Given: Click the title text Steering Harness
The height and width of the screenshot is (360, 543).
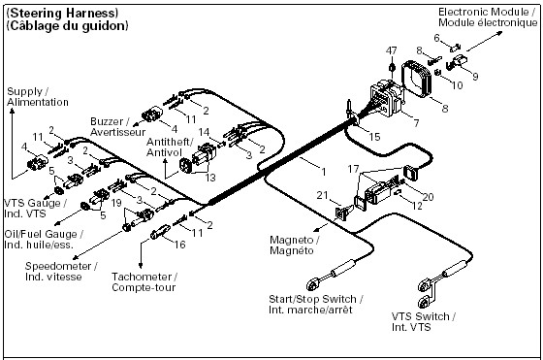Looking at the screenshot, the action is click(62, 14).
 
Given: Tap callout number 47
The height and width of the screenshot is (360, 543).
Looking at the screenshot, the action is click(392, 50).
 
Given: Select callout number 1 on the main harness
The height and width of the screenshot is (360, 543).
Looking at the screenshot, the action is click(324, 172).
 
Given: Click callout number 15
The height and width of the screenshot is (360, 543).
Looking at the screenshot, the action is click(374, 137).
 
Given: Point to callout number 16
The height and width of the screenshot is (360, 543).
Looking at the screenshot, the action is click(179, 245).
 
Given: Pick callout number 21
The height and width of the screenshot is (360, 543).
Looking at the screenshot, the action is click(322, 195).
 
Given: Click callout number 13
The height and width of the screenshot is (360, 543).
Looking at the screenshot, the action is click(210, 178).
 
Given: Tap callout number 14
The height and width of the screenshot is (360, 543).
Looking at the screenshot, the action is click(204, 132).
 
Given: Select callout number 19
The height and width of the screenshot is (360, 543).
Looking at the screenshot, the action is click(116, 203).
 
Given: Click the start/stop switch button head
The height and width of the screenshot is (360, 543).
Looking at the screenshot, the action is click(312, 285).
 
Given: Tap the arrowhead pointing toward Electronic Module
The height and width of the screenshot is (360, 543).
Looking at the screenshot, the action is click(499, 33).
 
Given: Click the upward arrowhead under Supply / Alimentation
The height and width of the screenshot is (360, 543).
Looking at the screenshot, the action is click(12, 112).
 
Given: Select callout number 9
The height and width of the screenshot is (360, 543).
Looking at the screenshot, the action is click(475, 76).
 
